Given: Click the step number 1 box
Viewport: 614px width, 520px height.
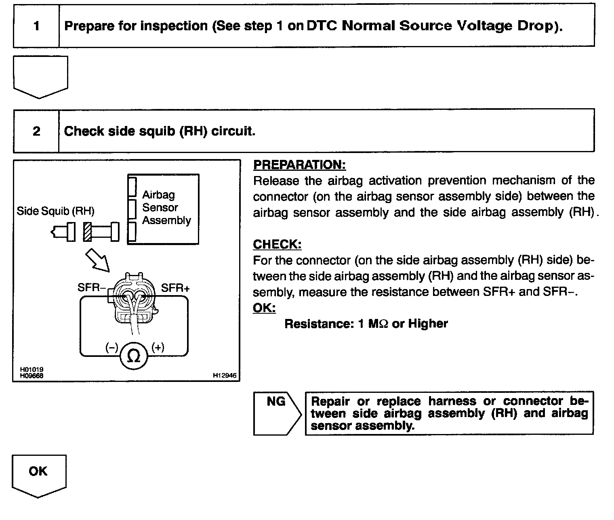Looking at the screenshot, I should pos(36,26).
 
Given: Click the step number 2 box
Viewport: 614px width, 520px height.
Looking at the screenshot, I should pos(36,131).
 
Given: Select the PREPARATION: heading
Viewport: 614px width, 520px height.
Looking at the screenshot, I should pos(299,165).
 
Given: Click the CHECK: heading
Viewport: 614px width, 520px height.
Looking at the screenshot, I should pos(277,244).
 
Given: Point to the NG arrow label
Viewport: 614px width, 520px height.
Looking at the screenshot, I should pos(276,402).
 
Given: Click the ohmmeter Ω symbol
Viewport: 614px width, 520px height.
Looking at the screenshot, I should pos(134,355).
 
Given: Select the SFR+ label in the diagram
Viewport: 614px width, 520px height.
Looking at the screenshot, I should pos(175,288).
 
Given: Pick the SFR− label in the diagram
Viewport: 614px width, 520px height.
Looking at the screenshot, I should pos(92,288).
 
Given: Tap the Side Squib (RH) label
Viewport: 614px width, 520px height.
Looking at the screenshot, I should pos(55,211).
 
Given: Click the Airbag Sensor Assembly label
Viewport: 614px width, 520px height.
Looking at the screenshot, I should pos(166,208).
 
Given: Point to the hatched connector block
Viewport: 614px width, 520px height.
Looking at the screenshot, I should pos(87,232).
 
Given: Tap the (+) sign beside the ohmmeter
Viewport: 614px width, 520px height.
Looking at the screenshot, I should pos(158,347).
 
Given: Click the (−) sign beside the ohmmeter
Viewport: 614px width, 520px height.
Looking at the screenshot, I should pos(111,347).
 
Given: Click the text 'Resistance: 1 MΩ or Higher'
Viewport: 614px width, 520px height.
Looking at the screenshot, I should pos(366,324).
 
